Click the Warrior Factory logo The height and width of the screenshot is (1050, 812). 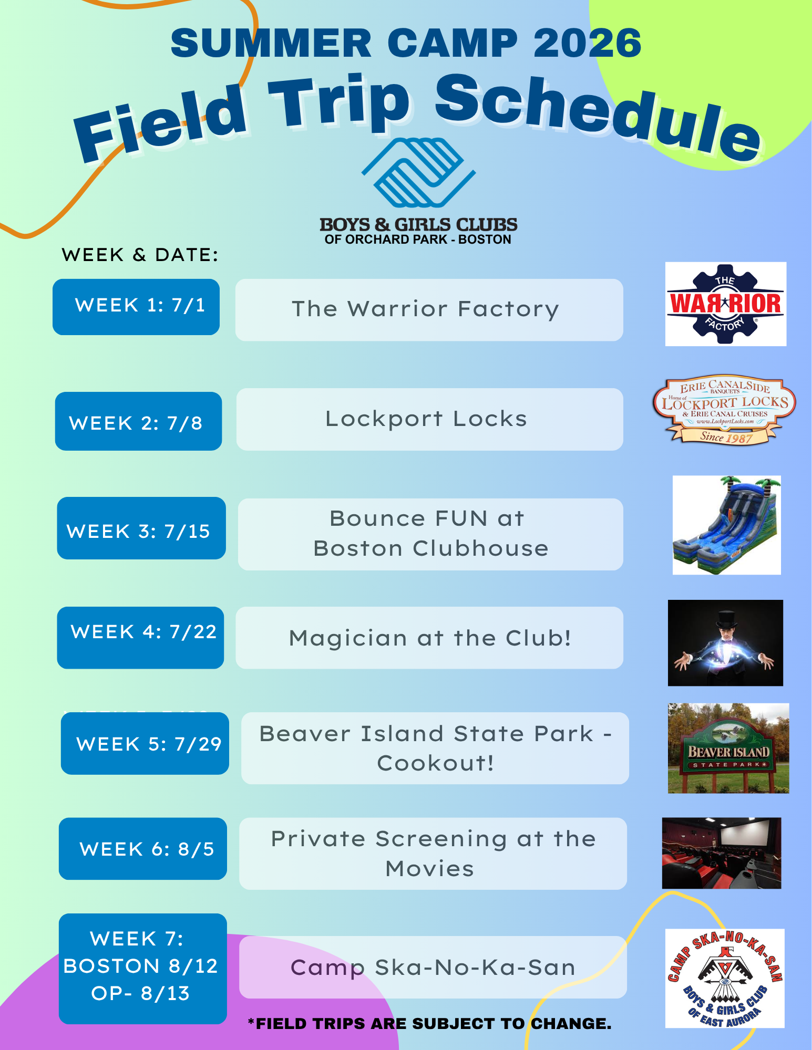(725, 304)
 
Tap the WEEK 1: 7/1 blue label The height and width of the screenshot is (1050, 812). (136, 307)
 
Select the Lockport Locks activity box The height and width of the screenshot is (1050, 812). (429, 419)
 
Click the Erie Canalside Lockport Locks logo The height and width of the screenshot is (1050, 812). (724, 410)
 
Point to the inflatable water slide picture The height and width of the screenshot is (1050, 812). (726, 525)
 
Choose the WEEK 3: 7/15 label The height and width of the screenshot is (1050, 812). (141, 528)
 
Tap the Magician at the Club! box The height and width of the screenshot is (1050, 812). (429, 638)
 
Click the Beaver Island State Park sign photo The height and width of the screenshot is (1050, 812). (728, 748)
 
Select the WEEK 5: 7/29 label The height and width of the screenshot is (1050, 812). (145, 743)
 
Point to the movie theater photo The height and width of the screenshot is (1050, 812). (722, 853)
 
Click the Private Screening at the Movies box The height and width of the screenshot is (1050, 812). (433, 854)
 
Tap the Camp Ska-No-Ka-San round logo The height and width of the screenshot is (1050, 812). (725, 978)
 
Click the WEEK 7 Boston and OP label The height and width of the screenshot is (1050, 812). (143, 969)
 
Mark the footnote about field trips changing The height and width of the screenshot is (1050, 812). (429, 1023)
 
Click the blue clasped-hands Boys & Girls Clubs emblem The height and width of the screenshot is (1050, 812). (419, 173)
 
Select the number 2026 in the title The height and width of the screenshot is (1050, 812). (587, 43)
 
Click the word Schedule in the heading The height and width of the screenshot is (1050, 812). (598, 117)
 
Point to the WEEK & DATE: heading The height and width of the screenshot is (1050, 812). (140, 255)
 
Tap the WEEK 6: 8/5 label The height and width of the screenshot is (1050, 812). (143, 849)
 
